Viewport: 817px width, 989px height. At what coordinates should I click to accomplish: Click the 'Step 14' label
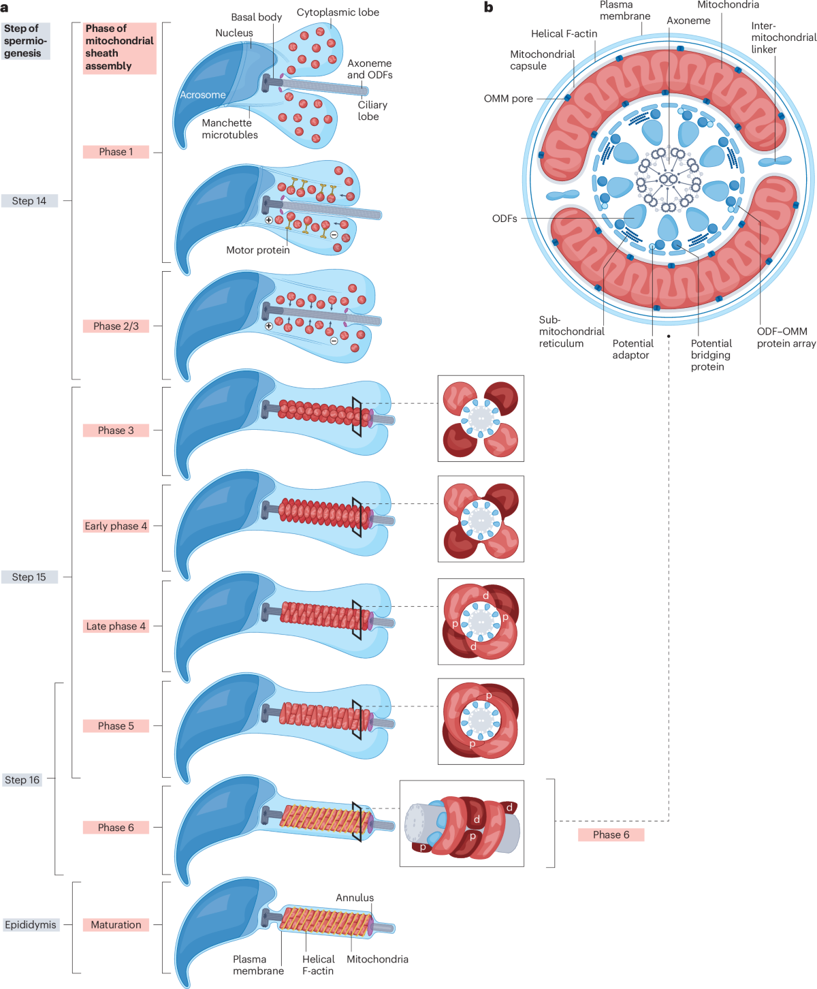29,201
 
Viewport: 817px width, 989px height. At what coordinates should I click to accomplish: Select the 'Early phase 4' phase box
116,526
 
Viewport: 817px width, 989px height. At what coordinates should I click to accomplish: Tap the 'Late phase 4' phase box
116,626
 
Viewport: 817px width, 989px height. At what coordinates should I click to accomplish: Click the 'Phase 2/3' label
116,326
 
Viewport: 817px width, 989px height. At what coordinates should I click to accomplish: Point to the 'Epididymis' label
31,925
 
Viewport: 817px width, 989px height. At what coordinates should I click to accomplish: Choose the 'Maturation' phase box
116,925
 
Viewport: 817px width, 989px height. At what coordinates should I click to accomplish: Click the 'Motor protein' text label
257,250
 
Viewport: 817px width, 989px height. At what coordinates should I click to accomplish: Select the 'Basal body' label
256,17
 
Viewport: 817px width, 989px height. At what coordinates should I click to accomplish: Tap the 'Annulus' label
355,898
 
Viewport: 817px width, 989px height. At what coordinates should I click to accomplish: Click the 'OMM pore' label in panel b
508,99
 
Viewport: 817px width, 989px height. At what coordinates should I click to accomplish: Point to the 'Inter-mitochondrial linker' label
783,38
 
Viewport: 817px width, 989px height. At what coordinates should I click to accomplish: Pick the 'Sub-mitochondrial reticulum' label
571,332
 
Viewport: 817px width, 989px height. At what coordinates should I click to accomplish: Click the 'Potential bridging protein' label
711,355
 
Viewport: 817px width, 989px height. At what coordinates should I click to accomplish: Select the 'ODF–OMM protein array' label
786,337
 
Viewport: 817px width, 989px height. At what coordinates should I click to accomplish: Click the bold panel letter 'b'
488,7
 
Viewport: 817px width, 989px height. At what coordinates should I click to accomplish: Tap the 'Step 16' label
22,780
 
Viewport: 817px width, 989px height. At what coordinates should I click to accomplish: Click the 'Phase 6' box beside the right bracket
611,834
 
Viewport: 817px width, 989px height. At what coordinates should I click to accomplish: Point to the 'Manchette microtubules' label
229,129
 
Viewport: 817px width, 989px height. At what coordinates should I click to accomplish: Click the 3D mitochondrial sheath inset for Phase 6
462,823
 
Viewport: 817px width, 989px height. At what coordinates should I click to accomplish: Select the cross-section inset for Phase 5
481,721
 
